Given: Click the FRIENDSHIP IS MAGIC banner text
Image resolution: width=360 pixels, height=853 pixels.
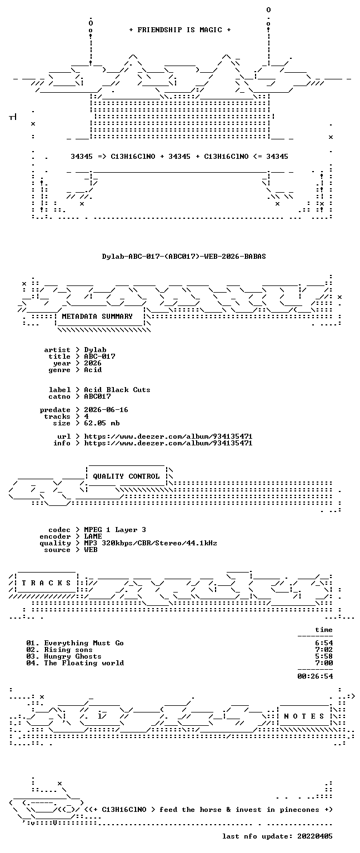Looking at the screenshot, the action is [180, 29].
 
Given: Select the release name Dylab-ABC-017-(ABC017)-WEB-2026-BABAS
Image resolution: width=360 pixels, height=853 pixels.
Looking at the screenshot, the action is [184, 256].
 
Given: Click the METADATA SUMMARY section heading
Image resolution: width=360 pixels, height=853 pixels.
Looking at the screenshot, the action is [97, 316].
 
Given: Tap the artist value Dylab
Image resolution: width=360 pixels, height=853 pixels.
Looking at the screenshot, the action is [95, 350].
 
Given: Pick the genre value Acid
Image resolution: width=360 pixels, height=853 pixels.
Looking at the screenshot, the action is [93, 370].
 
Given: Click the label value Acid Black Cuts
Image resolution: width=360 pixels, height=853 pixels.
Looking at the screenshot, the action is [117, 389].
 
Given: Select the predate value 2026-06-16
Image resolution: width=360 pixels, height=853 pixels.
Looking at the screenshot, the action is [106, 410].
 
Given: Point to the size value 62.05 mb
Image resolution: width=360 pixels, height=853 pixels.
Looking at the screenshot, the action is [102, 423].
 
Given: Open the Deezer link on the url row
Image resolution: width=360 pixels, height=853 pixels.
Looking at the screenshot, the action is [168, 436].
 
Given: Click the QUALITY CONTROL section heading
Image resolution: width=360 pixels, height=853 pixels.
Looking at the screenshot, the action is [126, 476].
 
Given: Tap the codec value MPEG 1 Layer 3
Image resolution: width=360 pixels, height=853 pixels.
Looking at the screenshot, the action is [115, 530].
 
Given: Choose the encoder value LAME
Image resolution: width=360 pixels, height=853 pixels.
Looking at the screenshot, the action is [93, 536].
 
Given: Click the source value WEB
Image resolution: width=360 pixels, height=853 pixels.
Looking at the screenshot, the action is [91, 550].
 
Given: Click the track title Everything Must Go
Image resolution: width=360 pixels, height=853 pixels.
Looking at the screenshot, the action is [84, 643].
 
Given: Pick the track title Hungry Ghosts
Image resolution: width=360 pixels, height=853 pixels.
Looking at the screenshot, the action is [73, 656].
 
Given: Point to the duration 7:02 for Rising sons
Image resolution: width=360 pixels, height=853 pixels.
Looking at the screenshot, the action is [324, 650].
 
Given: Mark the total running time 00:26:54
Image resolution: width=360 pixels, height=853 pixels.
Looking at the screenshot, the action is [315, 676].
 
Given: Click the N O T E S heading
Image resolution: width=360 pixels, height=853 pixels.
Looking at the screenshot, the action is [304, 716].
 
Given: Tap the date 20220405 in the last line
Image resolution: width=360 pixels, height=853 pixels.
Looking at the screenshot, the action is [314, 836].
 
